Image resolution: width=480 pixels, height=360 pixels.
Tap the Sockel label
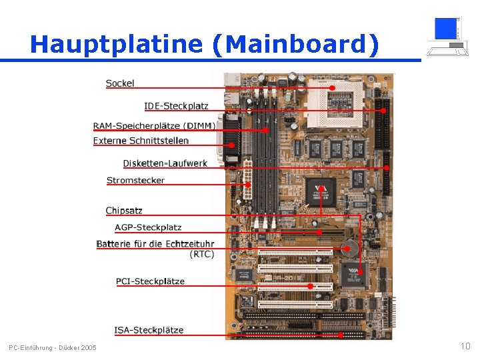(x=120, y=83)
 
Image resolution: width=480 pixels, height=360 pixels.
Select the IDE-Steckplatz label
(x=176, y=106)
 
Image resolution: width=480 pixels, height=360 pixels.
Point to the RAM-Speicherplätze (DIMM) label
(x=154, y=126)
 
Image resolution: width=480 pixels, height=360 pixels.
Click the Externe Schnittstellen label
(x=141, y=141)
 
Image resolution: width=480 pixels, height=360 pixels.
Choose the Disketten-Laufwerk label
(x=165, y=163)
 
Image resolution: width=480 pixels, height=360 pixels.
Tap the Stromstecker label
(x=135, y=180)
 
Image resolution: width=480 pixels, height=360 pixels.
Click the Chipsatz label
(x=124, y=211)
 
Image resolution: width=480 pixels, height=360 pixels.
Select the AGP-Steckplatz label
(x=148, y=227)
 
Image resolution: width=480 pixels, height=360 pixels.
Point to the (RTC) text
(x=201, y=254)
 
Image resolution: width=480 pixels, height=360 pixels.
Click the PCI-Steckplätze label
(x=150, y=281)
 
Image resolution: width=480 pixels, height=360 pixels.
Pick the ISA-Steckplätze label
(x=149, y=330)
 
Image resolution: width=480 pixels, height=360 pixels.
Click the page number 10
(x=465, y=346)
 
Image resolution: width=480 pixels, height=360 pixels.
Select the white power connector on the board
(x=247, y=182)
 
